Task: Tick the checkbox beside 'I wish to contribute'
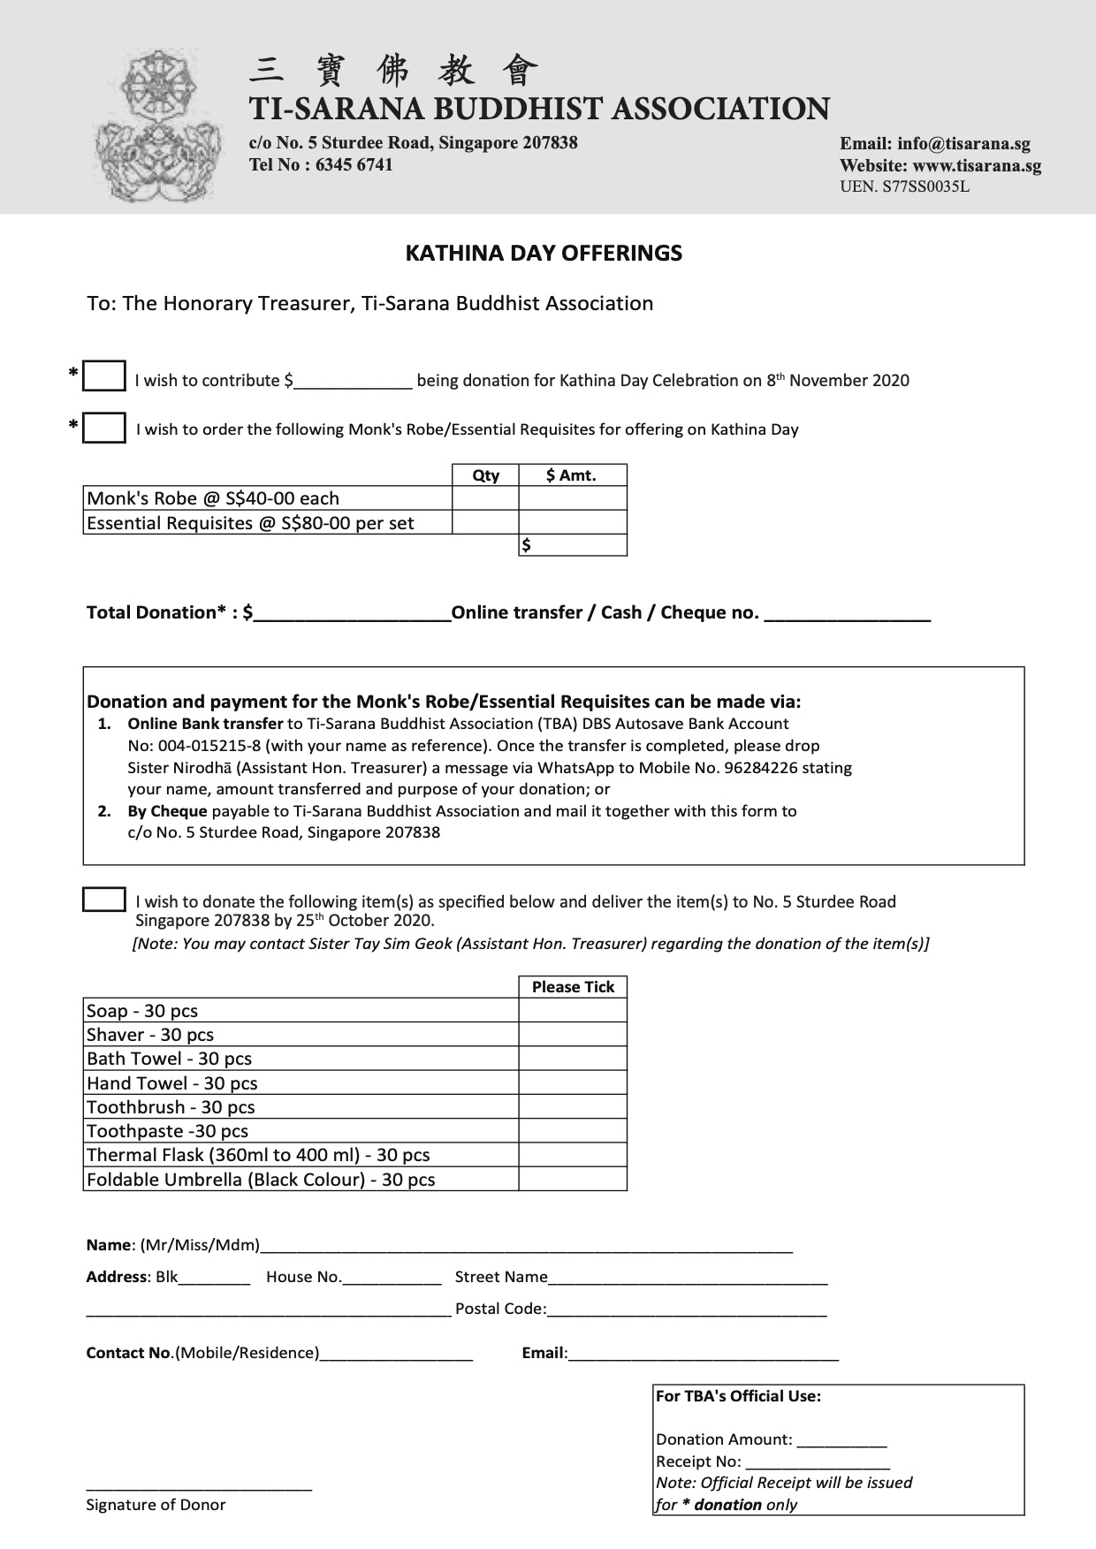tap(104, 376)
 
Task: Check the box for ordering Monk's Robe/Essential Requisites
tap(104, 428)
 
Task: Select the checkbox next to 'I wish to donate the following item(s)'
tap(104, 900)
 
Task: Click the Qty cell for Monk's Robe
tap(485, 498)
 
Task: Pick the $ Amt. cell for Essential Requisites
tap(573, 522)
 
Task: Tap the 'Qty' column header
tap(485, 475)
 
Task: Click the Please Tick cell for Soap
tap(573, 1011)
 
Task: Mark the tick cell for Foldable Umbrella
tap(573, 1180)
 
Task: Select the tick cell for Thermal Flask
tap(573, 1155)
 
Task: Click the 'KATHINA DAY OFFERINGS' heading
tap(544, 254)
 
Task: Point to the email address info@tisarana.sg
tap(963, 144)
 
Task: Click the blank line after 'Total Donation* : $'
tap(352, 613)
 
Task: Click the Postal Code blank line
tap(687, 1309)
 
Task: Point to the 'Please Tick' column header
tap(573, 987)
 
